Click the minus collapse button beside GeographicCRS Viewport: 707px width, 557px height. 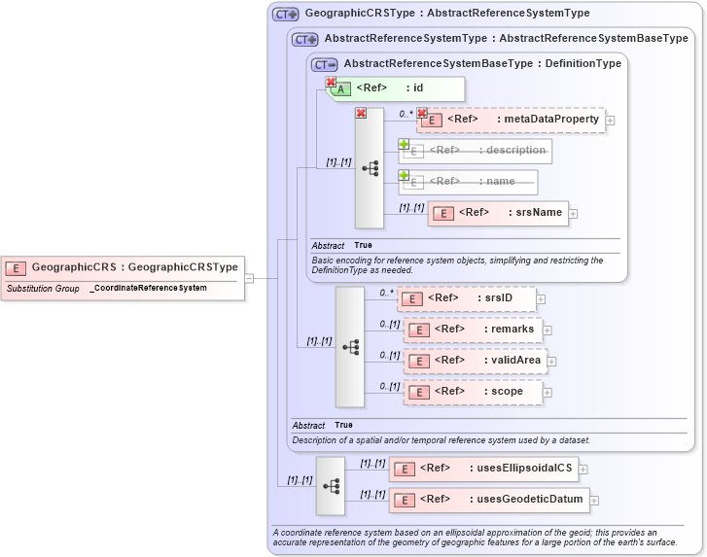point(249,278)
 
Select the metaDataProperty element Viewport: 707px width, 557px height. point(511,120)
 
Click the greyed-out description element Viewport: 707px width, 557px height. point(476,151)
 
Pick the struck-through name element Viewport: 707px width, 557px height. point(468,182)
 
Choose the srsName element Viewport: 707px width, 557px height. point(497,213)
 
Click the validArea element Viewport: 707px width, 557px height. point(476,361)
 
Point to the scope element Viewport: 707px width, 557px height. point(473,392)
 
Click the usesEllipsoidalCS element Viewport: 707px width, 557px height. point(483,469)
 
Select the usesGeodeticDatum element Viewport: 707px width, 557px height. point(489,500)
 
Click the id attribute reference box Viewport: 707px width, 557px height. point(395,88)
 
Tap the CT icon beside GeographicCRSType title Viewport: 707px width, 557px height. point(286,15)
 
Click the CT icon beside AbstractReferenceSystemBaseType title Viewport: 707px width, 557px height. point(325,64)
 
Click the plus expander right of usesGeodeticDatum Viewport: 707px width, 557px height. point(594,501)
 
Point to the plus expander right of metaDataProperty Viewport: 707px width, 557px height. point(610,121)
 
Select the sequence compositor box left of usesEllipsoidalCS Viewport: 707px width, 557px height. point(331,484)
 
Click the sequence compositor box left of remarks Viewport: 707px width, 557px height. point(350,346)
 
